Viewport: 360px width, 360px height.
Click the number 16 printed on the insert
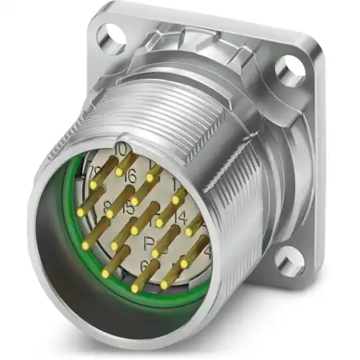click(x=129, y=176)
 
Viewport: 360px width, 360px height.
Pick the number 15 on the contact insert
click(x=128, y=210)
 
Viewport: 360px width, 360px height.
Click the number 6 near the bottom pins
click(x=145, y=266)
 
